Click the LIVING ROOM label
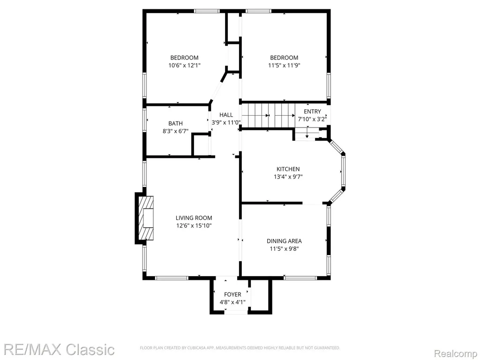(x=194, y=218)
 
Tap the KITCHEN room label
(x=288, y=169)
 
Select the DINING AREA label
(x=284, y=241)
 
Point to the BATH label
(x=175, y=124)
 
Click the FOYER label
(x=232, y=294)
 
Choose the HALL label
(x=226, y=115)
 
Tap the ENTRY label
(x=312, y=112)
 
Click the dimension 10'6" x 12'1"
(x=184, y=65)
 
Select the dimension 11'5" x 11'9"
(x=284, y=65)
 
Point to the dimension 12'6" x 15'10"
(x=194, y=226)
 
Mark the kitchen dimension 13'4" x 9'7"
(x=288, y=177)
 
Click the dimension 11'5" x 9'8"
(x=284, y=249)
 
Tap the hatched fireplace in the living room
(x=146, y=218)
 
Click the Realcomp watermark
(x=456, y=353)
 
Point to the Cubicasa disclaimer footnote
(x=240, y=348)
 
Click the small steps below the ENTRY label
(x=307, y=134)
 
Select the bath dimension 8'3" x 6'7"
(x=175, y=131)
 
